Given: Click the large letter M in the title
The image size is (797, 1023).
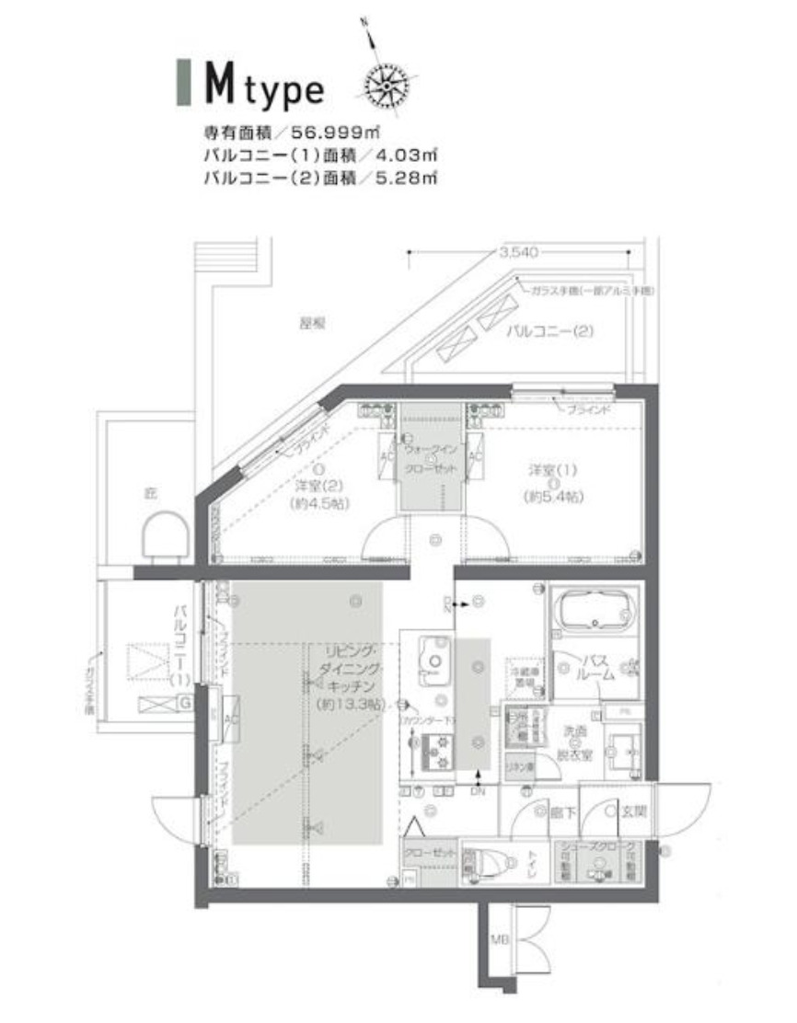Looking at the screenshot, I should [217, 85].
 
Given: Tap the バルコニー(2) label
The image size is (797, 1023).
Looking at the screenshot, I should [549, 330].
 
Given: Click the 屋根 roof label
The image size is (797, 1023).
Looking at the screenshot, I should [314, 323].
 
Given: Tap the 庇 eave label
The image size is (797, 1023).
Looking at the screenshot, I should [151, 493].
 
